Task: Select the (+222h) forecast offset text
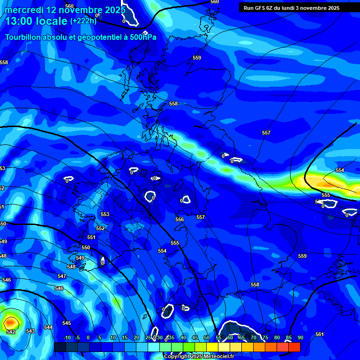pyautogui.click(x=83, y=21)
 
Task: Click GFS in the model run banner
pyautogui.click(x=261, y=8)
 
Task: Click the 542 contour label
pyautogui.click(x=11, y=332)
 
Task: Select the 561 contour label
pyautogui.click(x=319, y=334)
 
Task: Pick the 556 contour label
pyautogui.click(x=180, y=219)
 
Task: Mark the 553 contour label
pyautogui.click(x=105, y=214)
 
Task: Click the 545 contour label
pyautogui.click(x=67, y=323)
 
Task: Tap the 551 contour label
pyautogui.click(x=91, y=238)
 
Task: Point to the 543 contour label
pyautogui.click(x=30, y=331)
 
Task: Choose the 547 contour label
pyautogui.click(x=62, y=277)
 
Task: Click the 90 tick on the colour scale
pyautogui.click(x=300, y=337)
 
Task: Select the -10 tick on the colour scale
pyautogui.click(x=67, y=337)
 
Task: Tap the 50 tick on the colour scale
pyautogui.click(x=206, y=337)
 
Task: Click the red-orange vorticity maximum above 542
pyautogui.click(x=10, y=322)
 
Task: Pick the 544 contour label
pyautogui.click(x=48, y=327)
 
